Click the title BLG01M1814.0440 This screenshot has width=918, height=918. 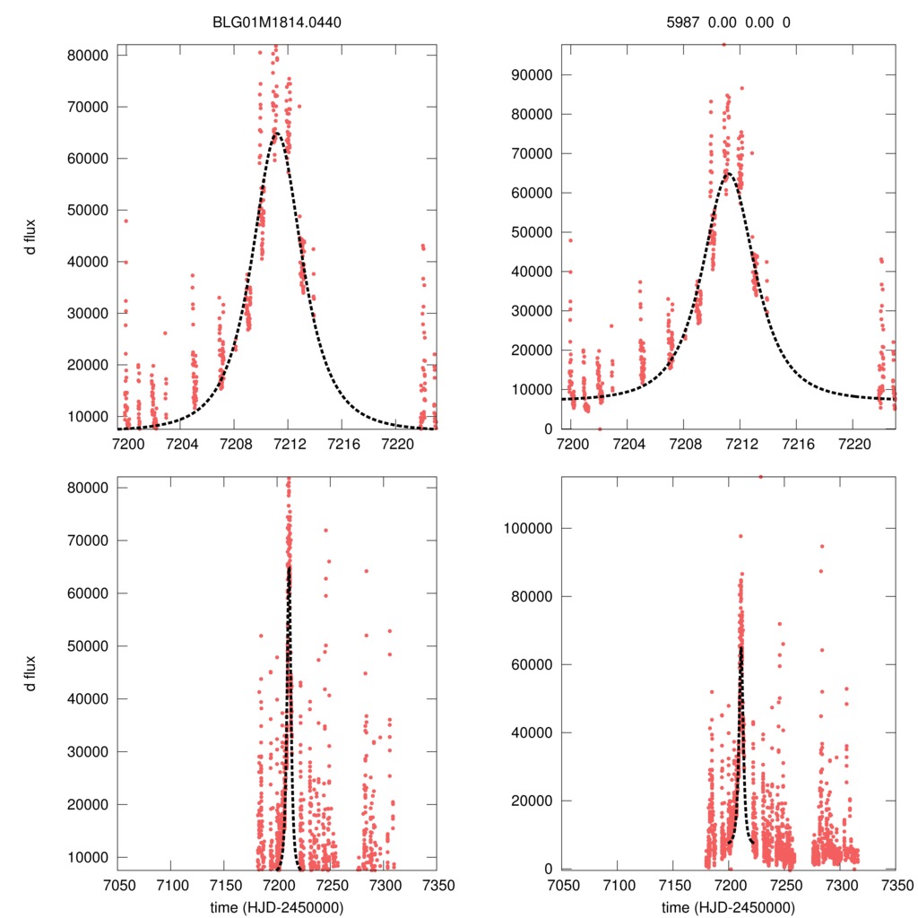point(277,22)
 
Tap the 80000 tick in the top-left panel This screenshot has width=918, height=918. point(89,55)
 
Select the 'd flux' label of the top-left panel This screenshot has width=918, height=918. point(31,237)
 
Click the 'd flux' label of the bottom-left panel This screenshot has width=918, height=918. point(31,672)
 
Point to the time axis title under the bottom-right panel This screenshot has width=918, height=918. point(728,906)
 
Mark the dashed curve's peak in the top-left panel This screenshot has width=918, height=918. point(277,134)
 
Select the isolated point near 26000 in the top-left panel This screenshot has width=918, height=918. point(165,333)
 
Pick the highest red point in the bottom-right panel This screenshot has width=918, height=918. point(761,477)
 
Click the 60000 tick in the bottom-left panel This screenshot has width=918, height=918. point(89,593)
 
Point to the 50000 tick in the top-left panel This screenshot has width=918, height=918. point(89,210)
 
